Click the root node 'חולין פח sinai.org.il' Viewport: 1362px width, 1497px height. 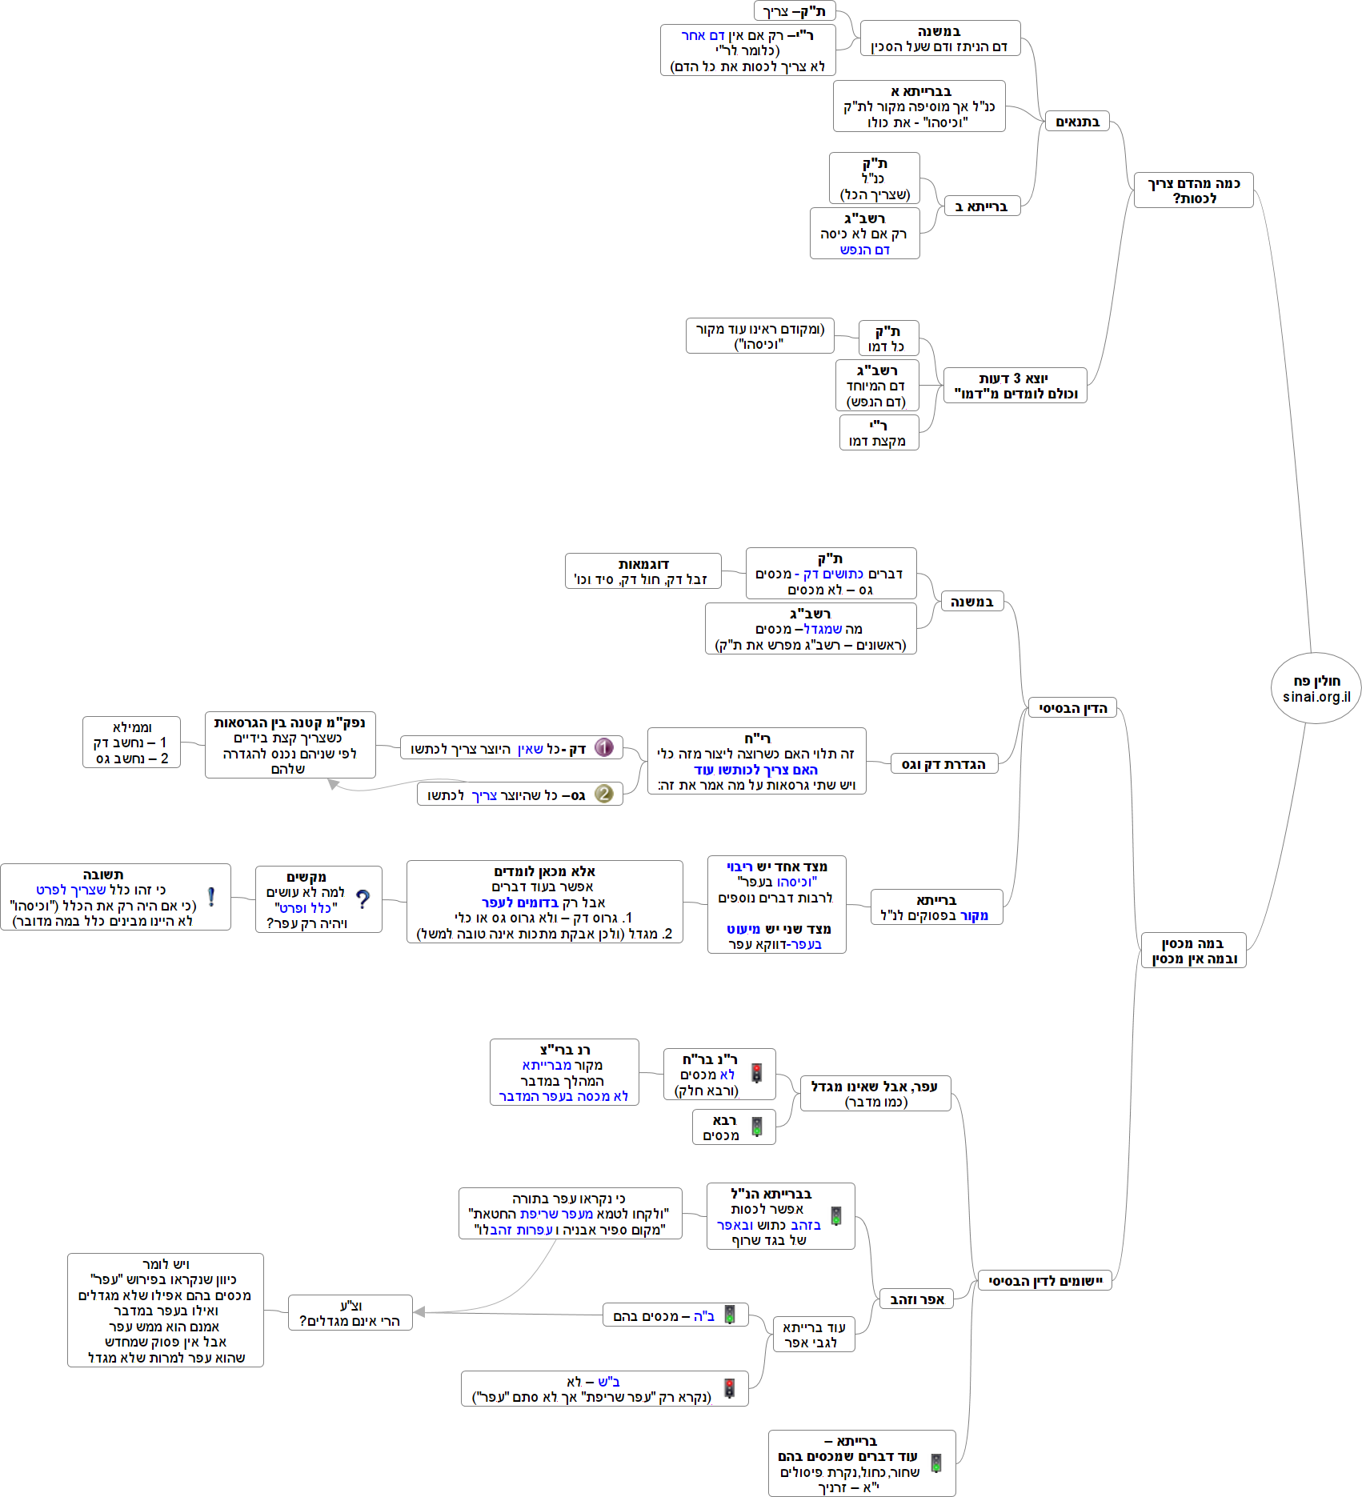click(1316, 688)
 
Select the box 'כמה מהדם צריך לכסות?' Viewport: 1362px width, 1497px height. click(1194, 190)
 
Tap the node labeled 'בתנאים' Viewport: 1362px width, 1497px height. click(1077, 122)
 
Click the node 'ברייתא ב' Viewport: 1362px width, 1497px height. click(982, 206)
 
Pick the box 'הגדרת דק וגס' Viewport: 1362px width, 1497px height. click(944, 764)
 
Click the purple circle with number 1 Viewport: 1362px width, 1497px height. click(604, 748)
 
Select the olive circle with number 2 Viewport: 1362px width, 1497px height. click(604, 794)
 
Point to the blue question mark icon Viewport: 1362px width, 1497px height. click(363, 899)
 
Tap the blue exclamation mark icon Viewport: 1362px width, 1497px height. click(211, 897)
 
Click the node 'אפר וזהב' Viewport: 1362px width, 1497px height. click(917, 1299)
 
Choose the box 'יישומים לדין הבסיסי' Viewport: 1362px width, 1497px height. click(1045, 1281)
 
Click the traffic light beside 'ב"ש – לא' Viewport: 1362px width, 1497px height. click(730, 1388)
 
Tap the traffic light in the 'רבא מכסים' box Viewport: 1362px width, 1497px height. click(757, 1127)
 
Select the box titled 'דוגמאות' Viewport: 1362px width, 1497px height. click(643, 571)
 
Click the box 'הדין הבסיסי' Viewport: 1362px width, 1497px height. click(1072, 708)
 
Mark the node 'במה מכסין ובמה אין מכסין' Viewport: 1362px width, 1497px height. click(1194, 951)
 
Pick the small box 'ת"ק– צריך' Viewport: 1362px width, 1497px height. click(795, 11)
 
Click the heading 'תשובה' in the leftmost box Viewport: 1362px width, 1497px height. click(103, 875)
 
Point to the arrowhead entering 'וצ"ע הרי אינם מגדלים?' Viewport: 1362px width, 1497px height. click(418, 1311)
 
